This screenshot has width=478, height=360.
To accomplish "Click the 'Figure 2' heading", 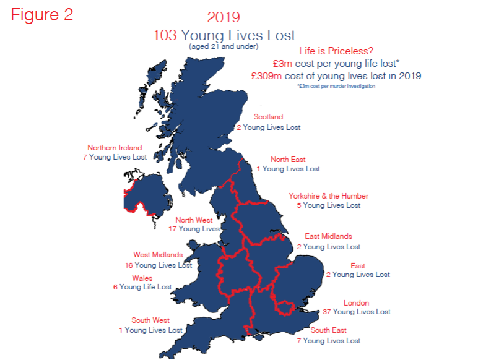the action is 42,15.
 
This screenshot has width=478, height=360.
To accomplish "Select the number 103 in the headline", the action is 165,35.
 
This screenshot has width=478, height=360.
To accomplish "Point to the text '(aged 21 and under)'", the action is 224,46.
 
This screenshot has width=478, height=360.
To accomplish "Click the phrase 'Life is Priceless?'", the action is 336,51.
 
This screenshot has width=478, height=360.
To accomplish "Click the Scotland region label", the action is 268,117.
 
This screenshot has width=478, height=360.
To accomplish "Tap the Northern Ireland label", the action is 115,148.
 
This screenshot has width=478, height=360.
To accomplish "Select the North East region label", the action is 288,160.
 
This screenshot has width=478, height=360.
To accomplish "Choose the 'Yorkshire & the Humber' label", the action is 328,196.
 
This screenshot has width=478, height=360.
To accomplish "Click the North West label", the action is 194,220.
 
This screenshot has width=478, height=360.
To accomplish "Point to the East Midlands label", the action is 328,236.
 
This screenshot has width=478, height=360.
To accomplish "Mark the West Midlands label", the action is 158,255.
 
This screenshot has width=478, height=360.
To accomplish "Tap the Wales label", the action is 142,278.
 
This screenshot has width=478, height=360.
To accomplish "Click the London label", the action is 356,303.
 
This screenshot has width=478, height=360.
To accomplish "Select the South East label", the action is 329,331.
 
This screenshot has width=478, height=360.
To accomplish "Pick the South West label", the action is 150,320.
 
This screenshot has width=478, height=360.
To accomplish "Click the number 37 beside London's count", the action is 327,312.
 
